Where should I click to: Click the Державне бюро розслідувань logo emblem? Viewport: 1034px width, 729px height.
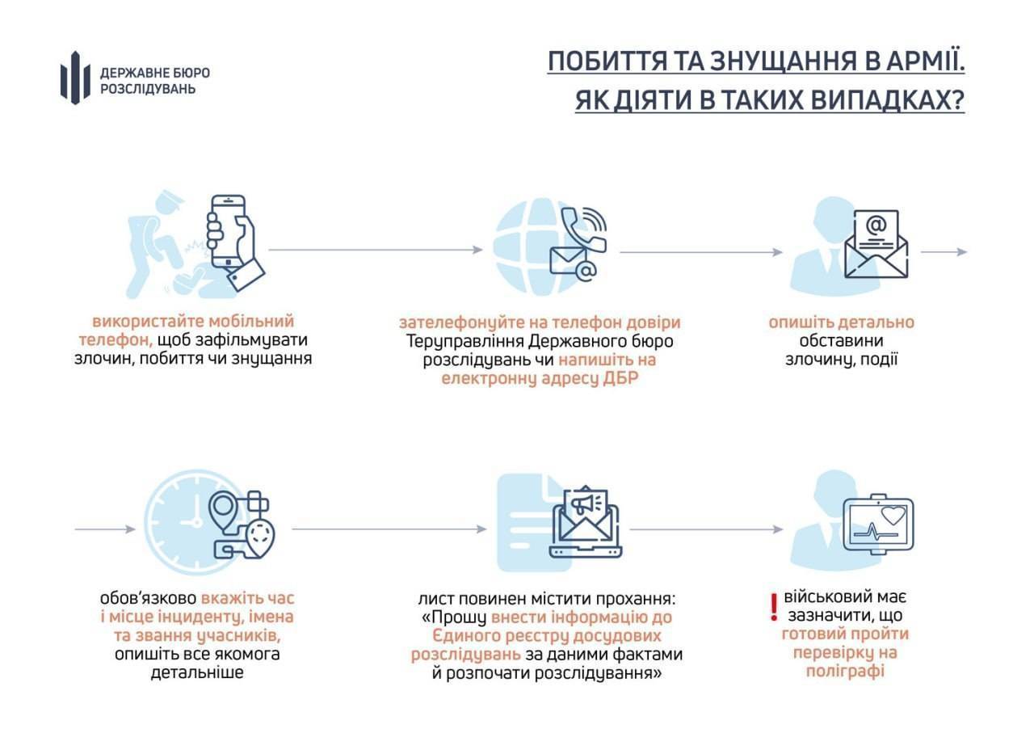pos(75,78)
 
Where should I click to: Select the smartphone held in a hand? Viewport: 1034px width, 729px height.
pos(229,232)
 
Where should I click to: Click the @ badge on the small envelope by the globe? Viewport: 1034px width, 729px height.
pos(586,272)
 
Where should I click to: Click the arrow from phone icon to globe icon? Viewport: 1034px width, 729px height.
pos(376,250)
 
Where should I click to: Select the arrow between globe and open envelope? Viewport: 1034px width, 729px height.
pos(701,252)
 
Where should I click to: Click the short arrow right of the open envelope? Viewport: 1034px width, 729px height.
pos(944,252)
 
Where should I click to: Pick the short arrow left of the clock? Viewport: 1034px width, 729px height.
pos(105,529)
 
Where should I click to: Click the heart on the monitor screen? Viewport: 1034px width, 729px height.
pos(893,515)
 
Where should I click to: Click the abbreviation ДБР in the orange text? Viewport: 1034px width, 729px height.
pos(620,378)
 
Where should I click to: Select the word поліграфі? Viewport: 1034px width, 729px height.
pos(845,671)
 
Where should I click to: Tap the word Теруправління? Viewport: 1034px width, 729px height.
pos(464,342)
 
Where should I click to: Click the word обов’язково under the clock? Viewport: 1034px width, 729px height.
pos(148,598)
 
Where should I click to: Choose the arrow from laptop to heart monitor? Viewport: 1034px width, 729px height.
pos(706,529)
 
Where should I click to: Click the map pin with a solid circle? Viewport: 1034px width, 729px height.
pos(224,508)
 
